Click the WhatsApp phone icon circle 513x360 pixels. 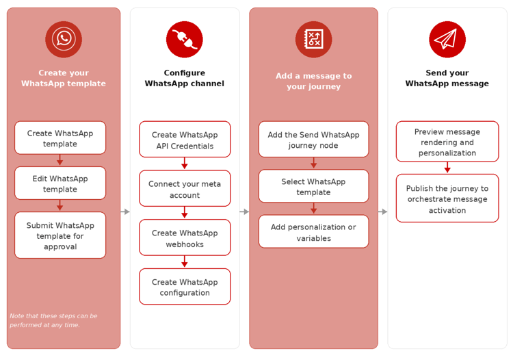click(x=64, y=39)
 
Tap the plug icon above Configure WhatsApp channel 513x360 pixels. click(x=185, y=39)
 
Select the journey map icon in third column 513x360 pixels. click(x=313, y=39)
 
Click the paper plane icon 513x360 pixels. click(x=447, y=39)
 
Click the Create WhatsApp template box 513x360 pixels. click(x=60, y=138)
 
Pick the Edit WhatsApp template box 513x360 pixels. click(x=60, y=183)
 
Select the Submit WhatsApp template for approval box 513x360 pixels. click(x=60, y=235)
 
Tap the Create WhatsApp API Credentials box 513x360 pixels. click(x=185, y=140)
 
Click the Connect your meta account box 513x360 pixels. click(x=185, y=189)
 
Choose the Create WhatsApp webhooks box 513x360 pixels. click(x=185, y=237)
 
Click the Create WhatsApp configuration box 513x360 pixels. click(x=185, y=287)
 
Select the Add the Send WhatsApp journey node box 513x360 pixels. click(x=313, y=140)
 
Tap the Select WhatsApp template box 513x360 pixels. click(x=313, y=186)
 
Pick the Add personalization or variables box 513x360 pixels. click(x=313, y=232)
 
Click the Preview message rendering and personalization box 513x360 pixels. click(x=447, y=142)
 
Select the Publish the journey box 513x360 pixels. click(x=447, y=198)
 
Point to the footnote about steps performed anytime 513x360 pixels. click(x=53, y=320)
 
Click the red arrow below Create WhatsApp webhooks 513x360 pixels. click(x=185, y=262)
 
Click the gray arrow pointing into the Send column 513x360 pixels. click(x=383, y=212)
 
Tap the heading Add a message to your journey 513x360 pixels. click(x=313, y=81)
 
